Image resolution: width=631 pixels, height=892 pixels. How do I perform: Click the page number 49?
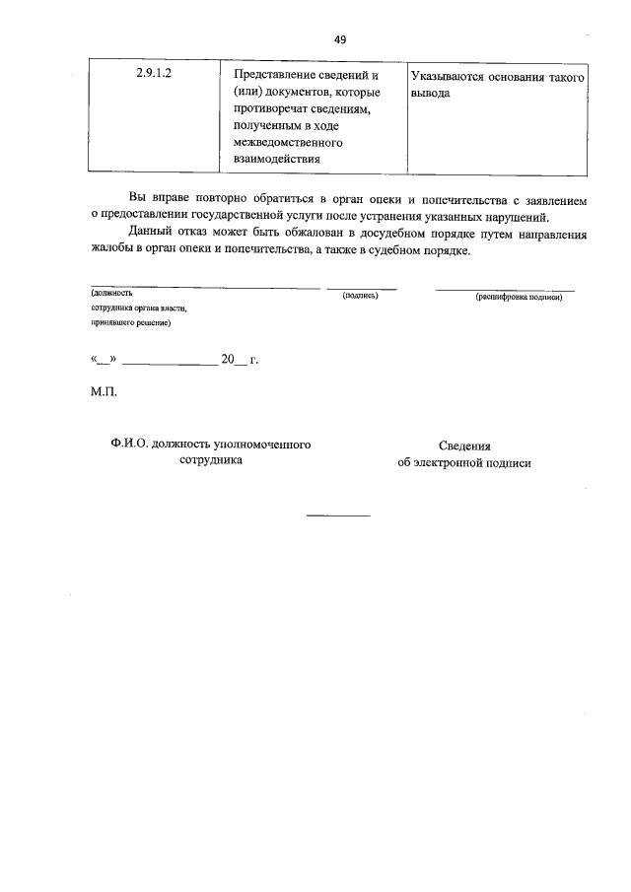click(340, 39)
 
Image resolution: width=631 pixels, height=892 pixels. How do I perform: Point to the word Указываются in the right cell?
click(449, 76)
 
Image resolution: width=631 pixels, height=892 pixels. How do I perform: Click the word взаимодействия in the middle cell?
click(277, 159)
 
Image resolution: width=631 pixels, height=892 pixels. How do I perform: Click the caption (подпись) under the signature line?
click(360, 295)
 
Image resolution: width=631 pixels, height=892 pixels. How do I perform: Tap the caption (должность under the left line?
click(111, 294)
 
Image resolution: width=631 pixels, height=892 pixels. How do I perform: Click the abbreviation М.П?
click(104, 392)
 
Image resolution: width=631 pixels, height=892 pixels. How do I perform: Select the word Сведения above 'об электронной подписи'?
click(464, 446)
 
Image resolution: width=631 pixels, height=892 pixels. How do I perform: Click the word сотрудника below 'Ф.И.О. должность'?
click(211, 460)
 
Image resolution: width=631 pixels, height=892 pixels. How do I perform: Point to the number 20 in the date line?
click(229, 361)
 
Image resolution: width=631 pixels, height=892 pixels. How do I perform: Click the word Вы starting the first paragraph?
click(137, 200)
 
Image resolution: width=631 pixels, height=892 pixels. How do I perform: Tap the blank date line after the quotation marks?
click(169, 363)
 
